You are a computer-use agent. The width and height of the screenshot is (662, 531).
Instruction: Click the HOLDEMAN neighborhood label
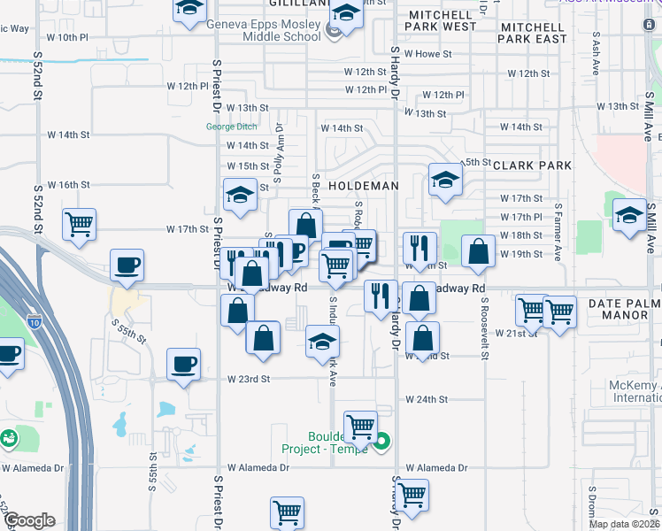[x=363, y=187]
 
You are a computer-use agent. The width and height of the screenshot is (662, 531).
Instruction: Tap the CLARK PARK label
[x=532, y=165]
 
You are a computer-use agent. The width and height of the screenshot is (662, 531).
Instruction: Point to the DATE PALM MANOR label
[x=624, y=312]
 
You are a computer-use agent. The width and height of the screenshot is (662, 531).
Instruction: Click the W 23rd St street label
[x=248, y=379]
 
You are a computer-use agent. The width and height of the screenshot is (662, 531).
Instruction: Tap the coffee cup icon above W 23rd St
[x=184, y=364]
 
